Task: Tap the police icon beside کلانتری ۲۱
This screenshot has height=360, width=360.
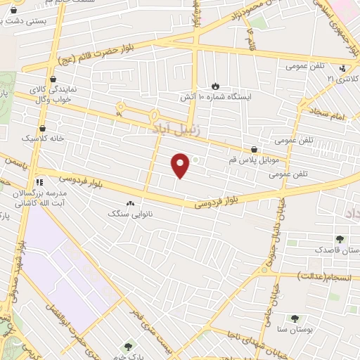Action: pos(342,69)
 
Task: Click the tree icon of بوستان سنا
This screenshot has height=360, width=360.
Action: pos(295,319)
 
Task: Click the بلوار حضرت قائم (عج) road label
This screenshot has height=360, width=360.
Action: pos(91,51)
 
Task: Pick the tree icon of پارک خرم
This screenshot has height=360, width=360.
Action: pos(128,347)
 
